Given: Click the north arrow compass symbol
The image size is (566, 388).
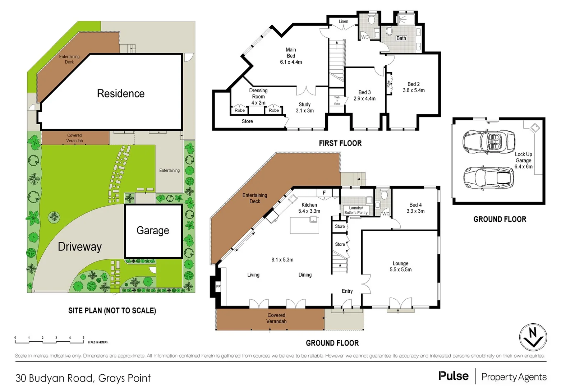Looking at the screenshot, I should (533, 337).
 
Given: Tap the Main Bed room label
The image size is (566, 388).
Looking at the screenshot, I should (291, 53).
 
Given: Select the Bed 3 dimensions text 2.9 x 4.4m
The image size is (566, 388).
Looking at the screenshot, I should (364, 98).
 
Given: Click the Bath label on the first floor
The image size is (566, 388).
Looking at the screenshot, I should (401, 38).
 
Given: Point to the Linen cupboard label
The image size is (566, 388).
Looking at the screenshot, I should (343, 22).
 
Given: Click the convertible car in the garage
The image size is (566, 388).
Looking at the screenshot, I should (488, 142).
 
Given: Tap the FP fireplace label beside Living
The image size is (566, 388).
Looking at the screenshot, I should (218, 286).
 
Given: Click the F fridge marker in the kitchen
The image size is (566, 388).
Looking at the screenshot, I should (324, 193).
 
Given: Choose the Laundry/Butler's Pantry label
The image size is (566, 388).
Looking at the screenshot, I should (356, 210).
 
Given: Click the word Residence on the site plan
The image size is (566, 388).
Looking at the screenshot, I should (121, 93).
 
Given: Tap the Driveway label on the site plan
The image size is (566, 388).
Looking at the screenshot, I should (80, 246).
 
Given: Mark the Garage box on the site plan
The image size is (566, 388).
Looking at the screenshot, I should (153, 230).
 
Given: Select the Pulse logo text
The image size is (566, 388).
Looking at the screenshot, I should (453, 376).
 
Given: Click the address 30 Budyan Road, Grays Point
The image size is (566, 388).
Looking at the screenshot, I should (83, 378).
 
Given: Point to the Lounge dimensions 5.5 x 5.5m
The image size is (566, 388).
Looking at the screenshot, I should (400, 269).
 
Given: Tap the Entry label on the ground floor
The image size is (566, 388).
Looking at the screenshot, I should (347, 291).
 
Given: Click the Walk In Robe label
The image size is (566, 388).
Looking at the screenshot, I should (337, 101).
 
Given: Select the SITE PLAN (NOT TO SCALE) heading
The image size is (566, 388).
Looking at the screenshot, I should (112, 310).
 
